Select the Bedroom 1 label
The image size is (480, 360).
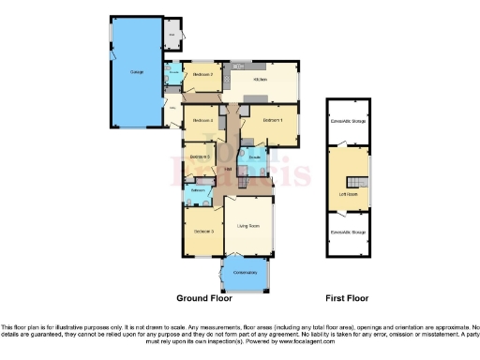(x=274, y=120)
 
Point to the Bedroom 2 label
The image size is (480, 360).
(x=203, y=74)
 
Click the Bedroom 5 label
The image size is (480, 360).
(x=199, y=156)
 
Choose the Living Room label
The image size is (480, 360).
(x=248, y=226)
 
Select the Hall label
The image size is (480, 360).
(x=228, y=169)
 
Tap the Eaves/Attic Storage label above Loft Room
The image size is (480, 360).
(x=347, y=119)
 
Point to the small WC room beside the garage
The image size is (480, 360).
(x=172, y=36)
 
